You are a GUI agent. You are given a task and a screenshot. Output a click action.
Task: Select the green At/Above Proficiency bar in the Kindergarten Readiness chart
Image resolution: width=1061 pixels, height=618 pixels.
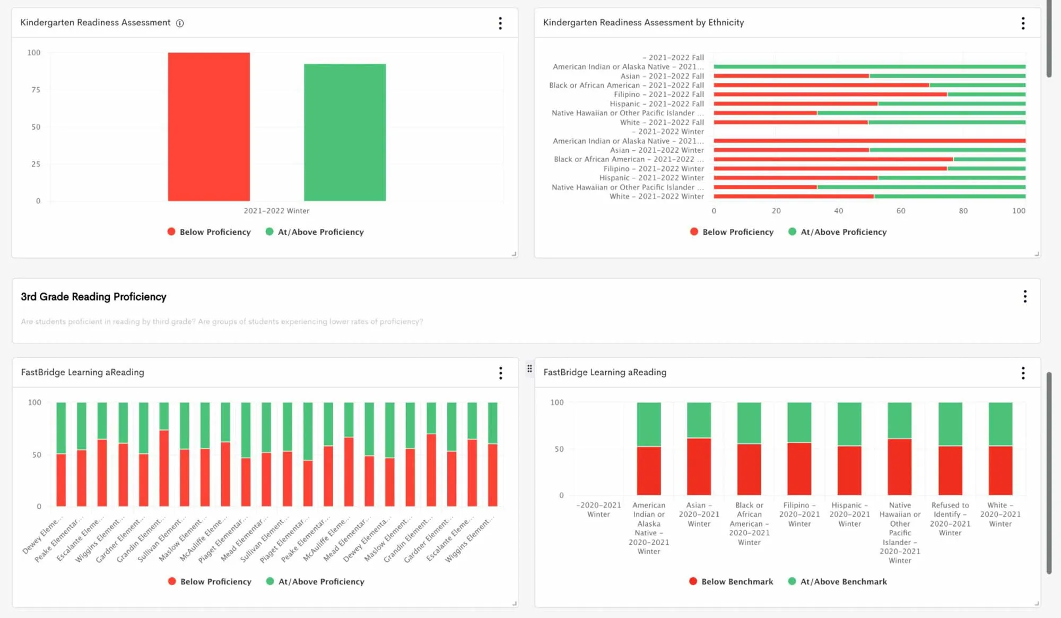(x=345, y=132)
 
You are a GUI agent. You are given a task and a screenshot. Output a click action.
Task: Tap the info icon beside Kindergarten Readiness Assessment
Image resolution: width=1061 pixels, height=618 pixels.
(x=180, y=23)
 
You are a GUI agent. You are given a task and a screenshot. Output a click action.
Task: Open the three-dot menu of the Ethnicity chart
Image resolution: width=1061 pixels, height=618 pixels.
(x=1023, y=23)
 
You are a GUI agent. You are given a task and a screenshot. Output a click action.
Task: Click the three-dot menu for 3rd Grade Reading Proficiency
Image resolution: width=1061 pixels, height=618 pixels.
(x=1024, y=296)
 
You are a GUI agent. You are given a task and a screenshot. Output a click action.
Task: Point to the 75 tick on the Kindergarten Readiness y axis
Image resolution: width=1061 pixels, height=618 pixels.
(x=36, y=90)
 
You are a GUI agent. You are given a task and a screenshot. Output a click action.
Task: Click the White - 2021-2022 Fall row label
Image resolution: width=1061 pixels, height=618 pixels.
(x=662, y=122)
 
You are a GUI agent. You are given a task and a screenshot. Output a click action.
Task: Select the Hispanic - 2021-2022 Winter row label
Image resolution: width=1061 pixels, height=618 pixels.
(x=651, y=178)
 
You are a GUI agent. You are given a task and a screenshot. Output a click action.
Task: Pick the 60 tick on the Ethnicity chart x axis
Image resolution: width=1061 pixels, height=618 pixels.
(x=900, y=211)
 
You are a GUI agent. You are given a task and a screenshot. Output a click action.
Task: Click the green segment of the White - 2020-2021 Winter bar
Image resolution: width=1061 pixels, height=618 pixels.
(x=1000, y=424)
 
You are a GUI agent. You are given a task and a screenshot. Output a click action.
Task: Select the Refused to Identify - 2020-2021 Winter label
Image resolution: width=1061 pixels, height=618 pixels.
(x=950, y=519)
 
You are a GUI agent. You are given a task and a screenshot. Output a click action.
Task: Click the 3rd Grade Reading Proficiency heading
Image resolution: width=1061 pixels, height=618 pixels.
(x=93, y=297)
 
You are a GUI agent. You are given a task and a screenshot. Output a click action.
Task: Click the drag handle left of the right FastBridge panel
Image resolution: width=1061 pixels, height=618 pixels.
(x=529, y=368)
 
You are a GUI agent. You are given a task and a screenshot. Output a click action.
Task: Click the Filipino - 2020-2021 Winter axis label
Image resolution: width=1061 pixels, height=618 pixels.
(x=799, y=514)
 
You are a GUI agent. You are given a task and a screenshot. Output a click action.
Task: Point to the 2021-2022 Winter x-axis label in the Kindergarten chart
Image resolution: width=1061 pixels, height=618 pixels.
(x=276, y=211)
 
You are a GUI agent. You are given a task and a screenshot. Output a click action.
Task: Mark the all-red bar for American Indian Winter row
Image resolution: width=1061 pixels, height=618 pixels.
(x=869, y=141)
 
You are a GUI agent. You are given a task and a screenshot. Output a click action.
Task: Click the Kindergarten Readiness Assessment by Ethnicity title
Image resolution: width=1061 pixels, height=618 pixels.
(x=643, y=22)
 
